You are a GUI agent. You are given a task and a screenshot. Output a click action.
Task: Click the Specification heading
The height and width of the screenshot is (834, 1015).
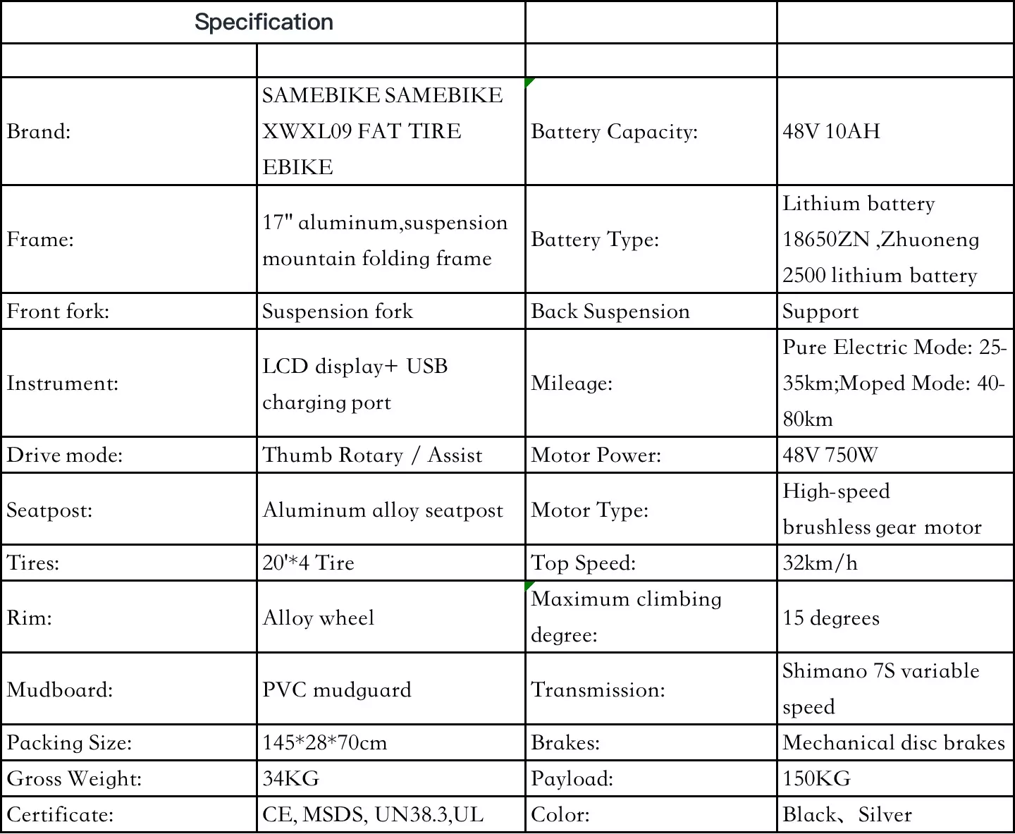[x=264, y=22]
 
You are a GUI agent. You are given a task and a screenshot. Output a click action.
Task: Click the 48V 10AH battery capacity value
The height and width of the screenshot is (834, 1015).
[x=831, y=131]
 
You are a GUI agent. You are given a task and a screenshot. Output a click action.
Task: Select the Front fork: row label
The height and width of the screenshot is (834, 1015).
[x=58, y=311]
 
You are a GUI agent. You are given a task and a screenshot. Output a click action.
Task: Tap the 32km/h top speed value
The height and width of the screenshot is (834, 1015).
[x=820, y=563]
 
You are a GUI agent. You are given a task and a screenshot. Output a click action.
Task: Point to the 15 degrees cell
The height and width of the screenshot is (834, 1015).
[x=831, y=618]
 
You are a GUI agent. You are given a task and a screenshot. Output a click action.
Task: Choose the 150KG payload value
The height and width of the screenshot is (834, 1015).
[x=816, y=778]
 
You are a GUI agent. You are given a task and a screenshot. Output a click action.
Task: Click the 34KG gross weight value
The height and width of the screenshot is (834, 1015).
[x=290, y=778]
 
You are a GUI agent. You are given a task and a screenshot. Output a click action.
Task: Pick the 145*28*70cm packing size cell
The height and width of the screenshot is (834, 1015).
[x=324, y=742]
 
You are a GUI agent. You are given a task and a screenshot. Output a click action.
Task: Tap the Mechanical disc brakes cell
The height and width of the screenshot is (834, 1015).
[x=893, y=742]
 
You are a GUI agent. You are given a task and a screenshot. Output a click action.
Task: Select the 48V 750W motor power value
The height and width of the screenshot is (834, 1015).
[x=830, y=455]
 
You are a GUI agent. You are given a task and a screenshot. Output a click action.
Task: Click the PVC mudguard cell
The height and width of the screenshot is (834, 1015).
[x=336, y=689]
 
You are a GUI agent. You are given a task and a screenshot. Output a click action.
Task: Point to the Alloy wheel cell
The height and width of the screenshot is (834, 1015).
[x=318, y=618]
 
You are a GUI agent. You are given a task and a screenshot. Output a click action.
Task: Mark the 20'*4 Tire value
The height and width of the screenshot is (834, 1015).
[x=308, y=563]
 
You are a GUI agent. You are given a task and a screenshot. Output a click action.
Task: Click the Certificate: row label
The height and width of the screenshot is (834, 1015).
[x=60, y=814]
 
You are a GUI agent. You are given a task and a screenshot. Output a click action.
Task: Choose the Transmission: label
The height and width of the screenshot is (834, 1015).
[x=598, y=689]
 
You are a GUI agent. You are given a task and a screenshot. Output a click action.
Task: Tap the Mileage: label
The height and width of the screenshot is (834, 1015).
[x=572, y=383]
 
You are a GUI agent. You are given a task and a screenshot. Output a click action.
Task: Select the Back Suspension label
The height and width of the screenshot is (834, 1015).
[x=610, y=311]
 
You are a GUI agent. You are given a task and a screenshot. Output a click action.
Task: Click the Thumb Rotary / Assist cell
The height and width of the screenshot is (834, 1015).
[x=372, y=455]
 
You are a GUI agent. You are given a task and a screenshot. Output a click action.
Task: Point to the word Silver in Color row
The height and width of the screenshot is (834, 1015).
[x=885, y=814]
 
